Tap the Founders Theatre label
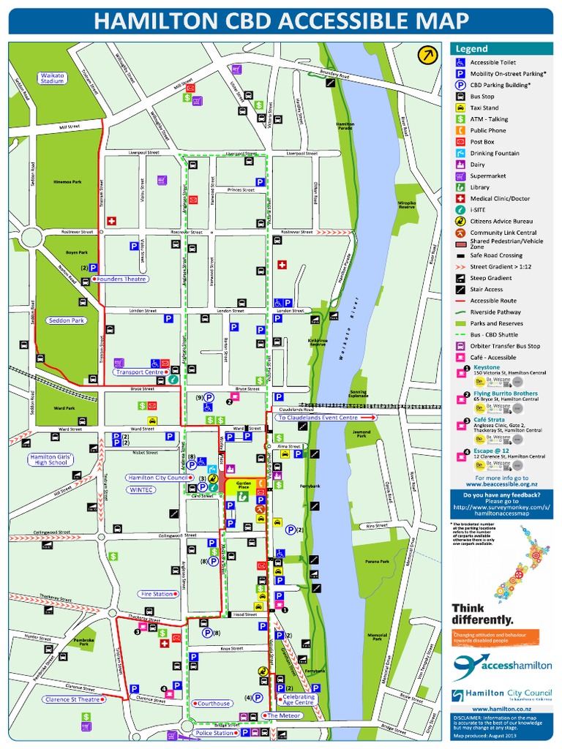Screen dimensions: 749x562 click(121, 279)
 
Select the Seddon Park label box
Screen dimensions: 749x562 click(67, 320)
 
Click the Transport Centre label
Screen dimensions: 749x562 click(140, 372)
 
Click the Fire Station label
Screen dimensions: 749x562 click(157, 594)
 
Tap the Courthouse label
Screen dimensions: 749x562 click(214, 704)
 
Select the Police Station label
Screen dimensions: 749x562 click(214, 733)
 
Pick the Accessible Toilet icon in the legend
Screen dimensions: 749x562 click(460, 63)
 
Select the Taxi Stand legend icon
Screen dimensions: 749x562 click(460, 108)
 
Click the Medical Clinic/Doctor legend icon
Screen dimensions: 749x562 click(460, 199)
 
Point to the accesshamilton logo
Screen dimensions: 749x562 click(501, 666)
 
